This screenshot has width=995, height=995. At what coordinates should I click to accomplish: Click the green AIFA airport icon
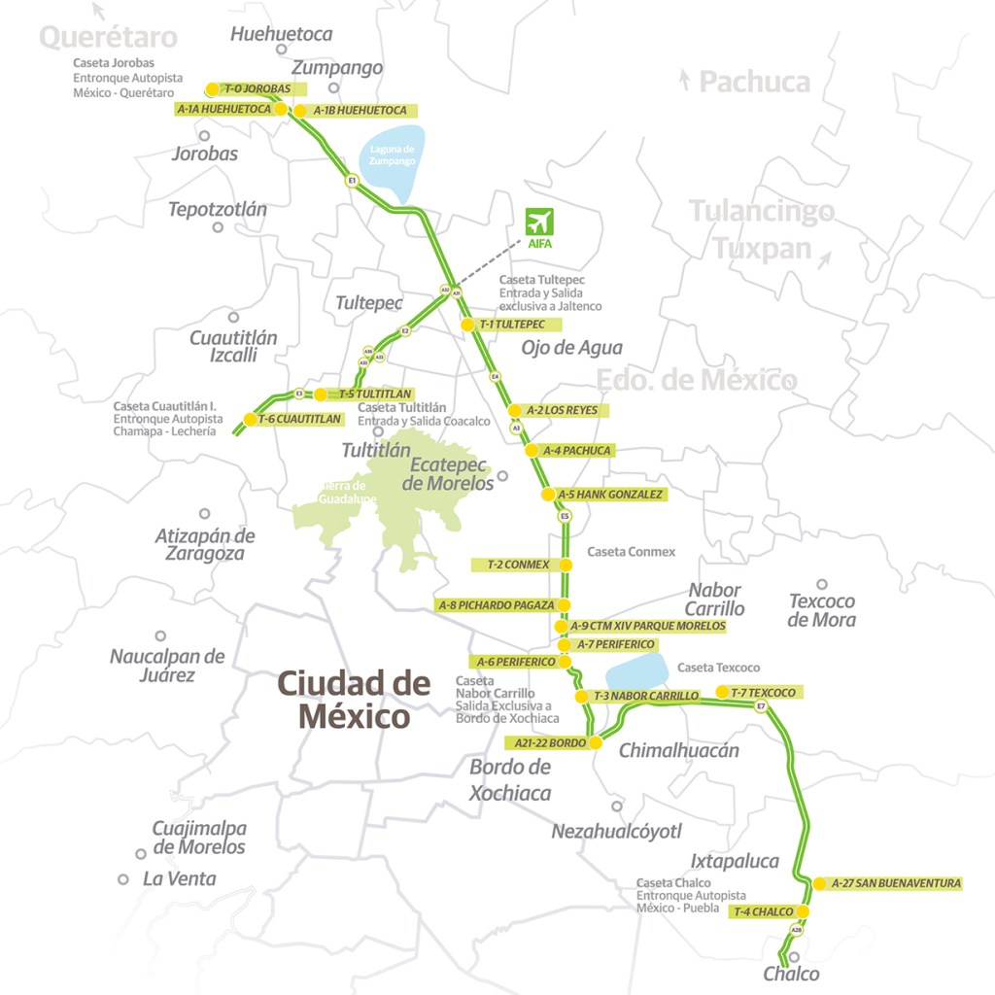click(538, 223)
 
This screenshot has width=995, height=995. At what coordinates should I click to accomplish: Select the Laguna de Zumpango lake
click(393, 155)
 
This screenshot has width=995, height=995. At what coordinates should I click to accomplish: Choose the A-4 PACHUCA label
click(577, 451)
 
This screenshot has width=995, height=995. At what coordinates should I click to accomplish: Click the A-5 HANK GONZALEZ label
click(610, 495)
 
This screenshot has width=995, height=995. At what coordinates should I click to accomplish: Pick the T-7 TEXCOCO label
click(763, 692)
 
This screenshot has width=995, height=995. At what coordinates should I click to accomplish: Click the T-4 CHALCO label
click(764, 911)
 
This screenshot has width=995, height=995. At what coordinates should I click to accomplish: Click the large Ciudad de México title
click(354, 700)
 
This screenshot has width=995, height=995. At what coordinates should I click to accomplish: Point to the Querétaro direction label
click(108, 37)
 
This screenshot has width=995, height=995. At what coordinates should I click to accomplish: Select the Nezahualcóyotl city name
click(617, 831)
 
